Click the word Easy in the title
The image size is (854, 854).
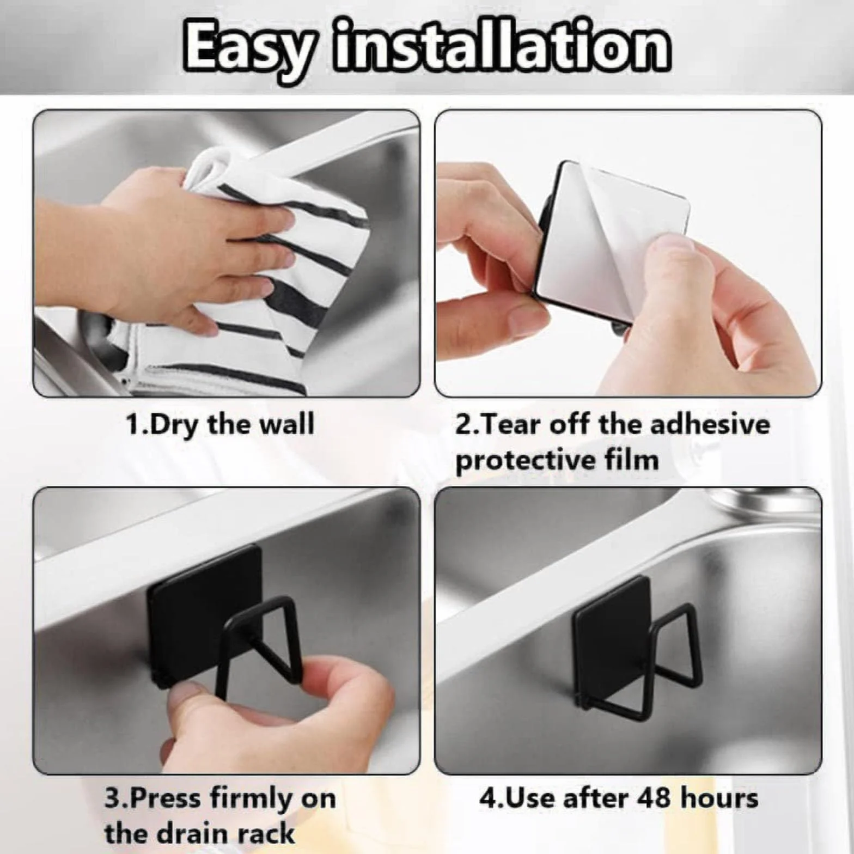tap(248, 48)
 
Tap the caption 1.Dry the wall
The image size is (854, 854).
tap(220, 424)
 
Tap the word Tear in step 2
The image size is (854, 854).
tap(507, 424)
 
